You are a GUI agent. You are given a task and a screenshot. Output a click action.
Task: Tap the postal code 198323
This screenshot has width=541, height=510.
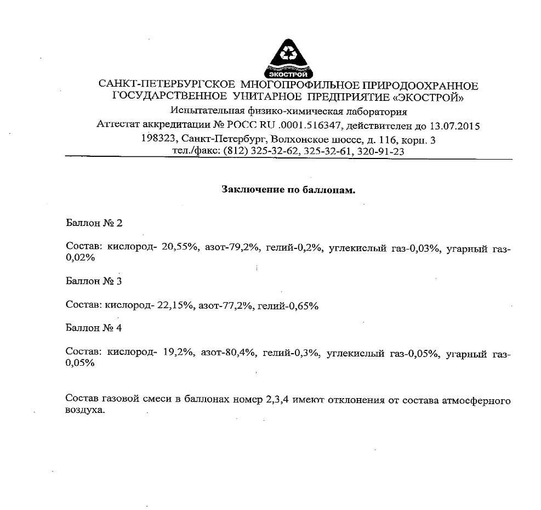tap(160, 139)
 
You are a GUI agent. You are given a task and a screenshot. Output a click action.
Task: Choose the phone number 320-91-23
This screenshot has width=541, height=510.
tap(380, 151)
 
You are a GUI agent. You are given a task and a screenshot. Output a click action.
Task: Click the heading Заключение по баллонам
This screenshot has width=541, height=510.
tap(288, 190)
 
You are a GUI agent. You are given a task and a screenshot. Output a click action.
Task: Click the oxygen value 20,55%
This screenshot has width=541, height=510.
tap(178, 248)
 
